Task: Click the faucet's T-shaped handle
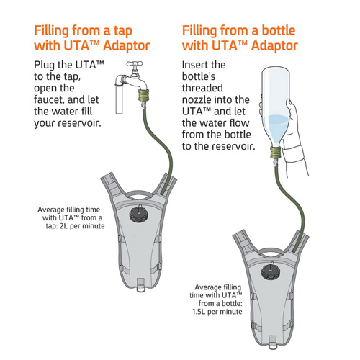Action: click(x=135, y=64)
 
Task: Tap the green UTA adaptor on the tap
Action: click(x=144, y=95)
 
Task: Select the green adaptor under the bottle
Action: click(x=276, y=153)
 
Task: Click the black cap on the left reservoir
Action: click(x=139, y=213)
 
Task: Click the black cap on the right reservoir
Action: click(x=271, y=271)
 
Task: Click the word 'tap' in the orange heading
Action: click(x=123, y=31)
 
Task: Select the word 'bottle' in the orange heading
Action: click(x=279, y=30)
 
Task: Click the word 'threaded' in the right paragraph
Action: click(x=202, y=88)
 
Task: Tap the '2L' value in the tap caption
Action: click(x=63, y=226)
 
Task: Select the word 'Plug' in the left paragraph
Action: click(x=45, y=66)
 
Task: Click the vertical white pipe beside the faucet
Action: click(x=119, y=99)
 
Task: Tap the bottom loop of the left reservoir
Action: click(x=140, y=285)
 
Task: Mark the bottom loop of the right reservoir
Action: click(x=272, y=343)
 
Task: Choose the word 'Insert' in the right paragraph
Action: click(x=194, y=65)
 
